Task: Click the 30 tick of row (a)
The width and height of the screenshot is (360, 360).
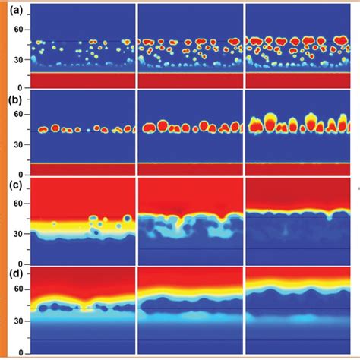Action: pyautogui.click(x=17, y=58)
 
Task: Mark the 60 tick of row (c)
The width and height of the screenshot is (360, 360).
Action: pyautogui.click(x=17, y=204)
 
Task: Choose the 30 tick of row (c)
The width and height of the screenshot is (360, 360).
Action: pyautogui.click(x=17, y=233)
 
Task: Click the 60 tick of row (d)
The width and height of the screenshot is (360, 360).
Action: pyautogui.click(x=17, y=290)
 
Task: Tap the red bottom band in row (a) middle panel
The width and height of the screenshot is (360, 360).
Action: pyautogui.click(x=190, y=79)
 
